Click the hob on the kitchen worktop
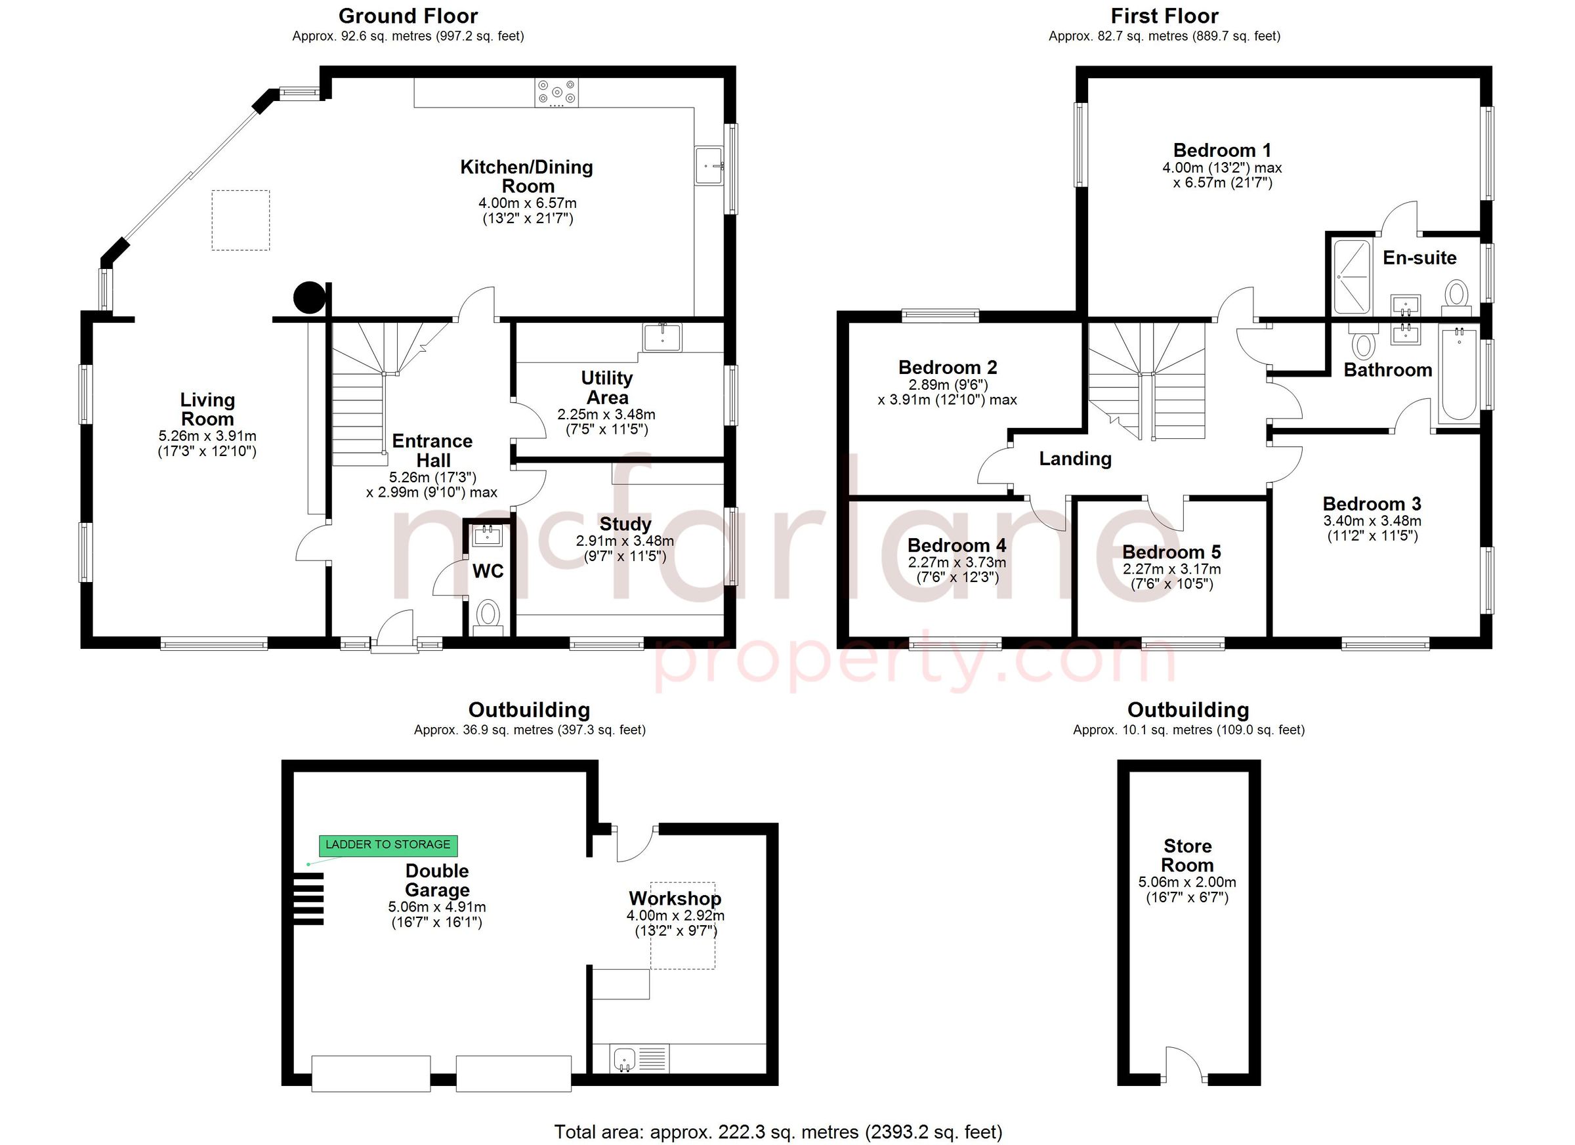[556, 93]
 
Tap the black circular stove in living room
[309, 298]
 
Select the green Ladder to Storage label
[388, 844]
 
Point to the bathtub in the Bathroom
[1458, 375]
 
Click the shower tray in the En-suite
[1351, 276]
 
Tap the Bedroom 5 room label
[1171, 552]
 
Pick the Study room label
[625, 524]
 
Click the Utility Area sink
[663, 337]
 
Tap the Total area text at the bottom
[778, 1133]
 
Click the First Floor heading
[1164, 16]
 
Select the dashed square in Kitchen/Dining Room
[240, 220]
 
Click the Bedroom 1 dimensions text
[1221, 176]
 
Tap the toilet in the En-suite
[1456, 294]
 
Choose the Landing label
[1074, 458]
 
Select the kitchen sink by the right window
[709, 166]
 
